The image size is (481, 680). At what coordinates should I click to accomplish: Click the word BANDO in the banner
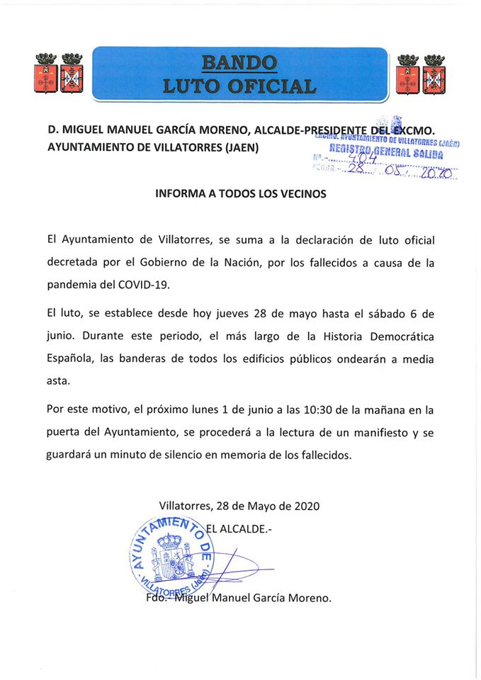(x=239, y=63)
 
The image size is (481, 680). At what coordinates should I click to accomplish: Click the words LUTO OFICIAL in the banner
(x=239, y=86)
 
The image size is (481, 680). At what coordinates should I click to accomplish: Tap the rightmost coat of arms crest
(x=434, y=74)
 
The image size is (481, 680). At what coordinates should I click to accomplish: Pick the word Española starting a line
(x=69, y=358)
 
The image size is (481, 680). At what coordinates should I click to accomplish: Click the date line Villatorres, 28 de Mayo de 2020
(x=239, y=506)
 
